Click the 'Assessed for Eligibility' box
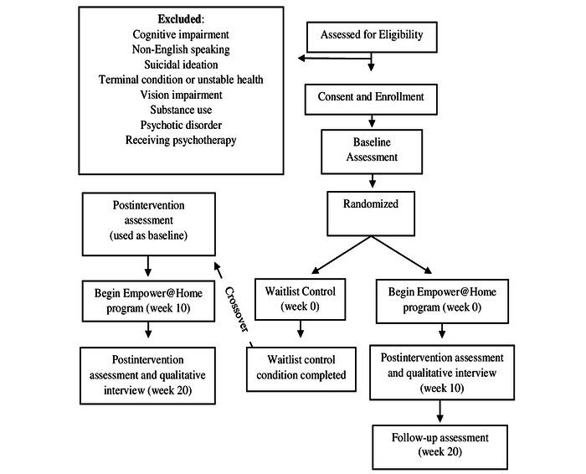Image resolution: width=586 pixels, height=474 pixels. tap(371, 36)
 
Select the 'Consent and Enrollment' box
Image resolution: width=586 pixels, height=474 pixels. tap(371, 97)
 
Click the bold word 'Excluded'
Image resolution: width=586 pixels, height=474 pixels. tap(181, 18)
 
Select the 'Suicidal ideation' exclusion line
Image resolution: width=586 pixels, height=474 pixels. tap(181, 64)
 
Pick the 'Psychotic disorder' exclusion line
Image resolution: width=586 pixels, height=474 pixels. tap(181, 125)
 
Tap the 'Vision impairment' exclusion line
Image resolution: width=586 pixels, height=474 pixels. tap(181, 95)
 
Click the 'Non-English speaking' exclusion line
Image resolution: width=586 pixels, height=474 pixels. tap(181, 49)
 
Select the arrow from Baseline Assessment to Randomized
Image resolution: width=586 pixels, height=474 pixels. tap(371, 181)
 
